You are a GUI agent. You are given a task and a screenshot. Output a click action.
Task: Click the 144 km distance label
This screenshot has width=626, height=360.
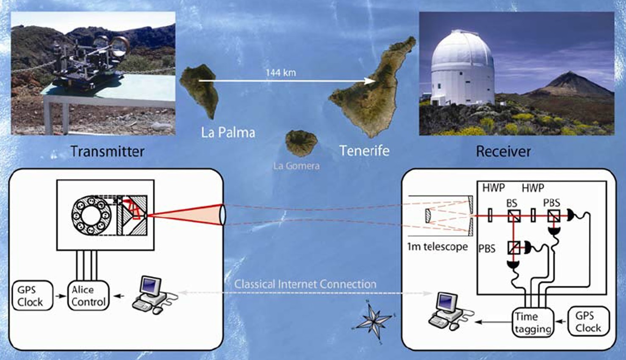click(x=281, y=73)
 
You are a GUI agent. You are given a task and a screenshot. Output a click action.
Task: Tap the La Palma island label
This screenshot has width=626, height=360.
click(x=228, y=133)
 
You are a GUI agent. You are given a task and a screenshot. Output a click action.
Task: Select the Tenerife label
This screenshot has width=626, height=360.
click(x=364, y=151)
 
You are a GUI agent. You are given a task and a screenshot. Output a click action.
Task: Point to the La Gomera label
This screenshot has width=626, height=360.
click(x=296, y=166)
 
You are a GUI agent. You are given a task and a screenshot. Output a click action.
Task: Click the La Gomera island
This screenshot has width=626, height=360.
click(x=301, y=142)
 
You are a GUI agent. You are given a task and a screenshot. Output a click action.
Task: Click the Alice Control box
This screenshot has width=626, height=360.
click(x=88, y=296)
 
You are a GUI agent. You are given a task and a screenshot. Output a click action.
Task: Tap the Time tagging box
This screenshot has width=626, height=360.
click(x=533, y=322)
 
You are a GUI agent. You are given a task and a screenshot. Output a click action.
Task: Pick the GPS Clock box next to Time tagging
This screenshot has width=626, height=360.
click(x=588, y=322)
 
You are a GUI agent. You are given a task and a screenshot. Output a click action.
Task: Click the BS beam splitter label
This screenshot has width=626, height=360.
click(x=512, y=204)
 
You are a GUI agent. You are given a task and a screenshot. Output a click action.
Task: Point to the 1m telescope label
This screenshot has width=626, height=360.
click(x=437, y=247)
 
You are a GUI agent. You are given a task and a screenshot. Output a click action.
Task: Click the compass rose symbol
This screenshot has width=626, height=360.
click(x=373, y=320)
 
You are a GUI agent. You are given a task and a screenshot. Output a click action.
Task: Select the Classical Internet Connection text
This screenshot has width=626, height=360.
click(x=305, y=284)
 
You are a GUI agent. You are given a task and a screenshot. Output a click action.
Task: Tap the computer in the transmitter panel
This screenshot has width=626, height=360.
click(x=151, y=294)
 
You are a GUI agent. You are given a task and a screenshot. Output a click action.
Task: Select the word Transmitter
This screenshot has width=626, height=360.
click(x=107, y=151)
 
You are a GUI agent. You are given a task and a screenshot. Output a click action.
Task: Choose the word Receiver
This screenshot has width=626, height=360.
click(x=503, y=151)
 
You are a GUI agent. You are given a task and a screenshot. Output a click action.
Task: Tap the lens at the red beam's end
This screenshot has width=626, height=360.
click(x=222, y=215)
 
